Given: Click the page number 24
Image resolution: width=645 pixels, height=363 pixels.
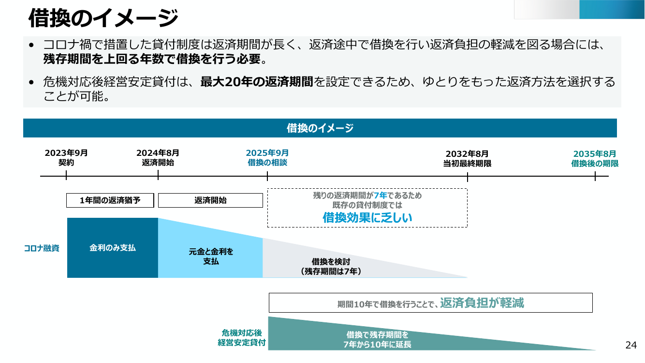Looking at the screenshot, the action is pos(631,345).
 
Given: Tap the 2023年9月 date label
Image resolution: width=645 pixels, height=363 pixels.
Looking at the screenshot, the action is pos(66,153).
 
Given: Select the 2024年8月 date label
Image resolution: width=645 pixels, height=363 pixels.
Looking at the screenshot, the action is pos(158,153).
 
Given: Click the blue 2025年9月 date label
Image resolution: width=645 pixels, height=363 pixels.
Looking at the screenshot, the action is pos(267,153).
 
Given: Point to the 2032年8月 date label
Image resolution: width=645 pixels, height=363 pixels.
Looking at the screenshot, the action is pos(467,154).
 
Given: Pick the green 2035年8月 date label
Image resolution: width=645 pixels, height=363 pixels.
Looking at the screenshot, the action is pos(595,154).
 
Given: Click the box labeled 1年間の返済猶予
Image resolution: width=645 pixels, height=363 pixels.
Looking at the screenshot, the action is pos(110,200).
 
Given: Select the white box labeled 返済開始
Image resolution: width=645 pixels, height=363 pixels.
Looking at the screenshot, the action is pos(210,200).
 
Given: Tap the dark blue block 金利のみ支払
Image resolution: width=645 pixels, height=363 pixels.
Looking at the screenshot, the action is pos(113,248).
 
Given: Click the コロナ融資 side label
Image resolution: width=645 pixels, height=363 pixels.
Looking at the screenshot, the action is pos(42,248).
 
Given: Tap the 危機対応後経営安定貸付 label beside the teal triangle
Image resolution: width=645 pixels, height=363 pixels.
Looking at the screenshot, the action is pos(242,338).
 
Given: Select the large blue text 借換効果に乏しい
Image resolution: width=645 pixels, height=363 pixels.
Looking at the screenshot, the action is pos(367,217).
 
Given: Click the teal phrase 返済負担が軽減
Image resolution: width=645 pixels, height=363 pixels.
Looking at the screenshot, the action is pos(482,302).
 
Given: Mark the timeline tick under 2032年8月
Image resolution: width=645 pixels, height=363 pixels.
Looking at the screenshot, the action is pos(468,177).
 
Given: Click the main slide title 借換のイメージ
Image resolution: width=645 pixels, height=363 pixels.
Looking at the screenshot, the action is pos(103,17).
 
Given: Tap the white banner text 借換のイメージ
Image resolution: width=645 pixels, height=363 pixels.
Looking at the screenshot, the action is pos(320,128).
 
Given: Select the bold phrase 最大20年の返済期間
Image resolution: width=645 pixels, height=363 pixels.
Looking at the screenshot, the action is pos(257,82).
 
